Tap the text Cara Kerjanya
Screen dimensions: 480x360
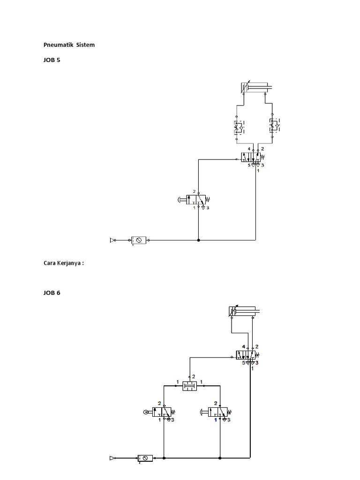[x=63, y=263]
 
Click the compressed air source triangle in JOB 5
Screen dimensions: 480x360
[x=112, y=240]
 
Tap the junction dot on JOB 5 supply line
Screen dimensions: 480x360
[x=199, y=240]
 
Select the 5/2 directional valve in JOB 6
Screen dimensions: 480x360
[x=247, y=356]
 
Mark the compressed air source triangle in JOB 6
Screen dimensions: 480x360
[x=112, y=457]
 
